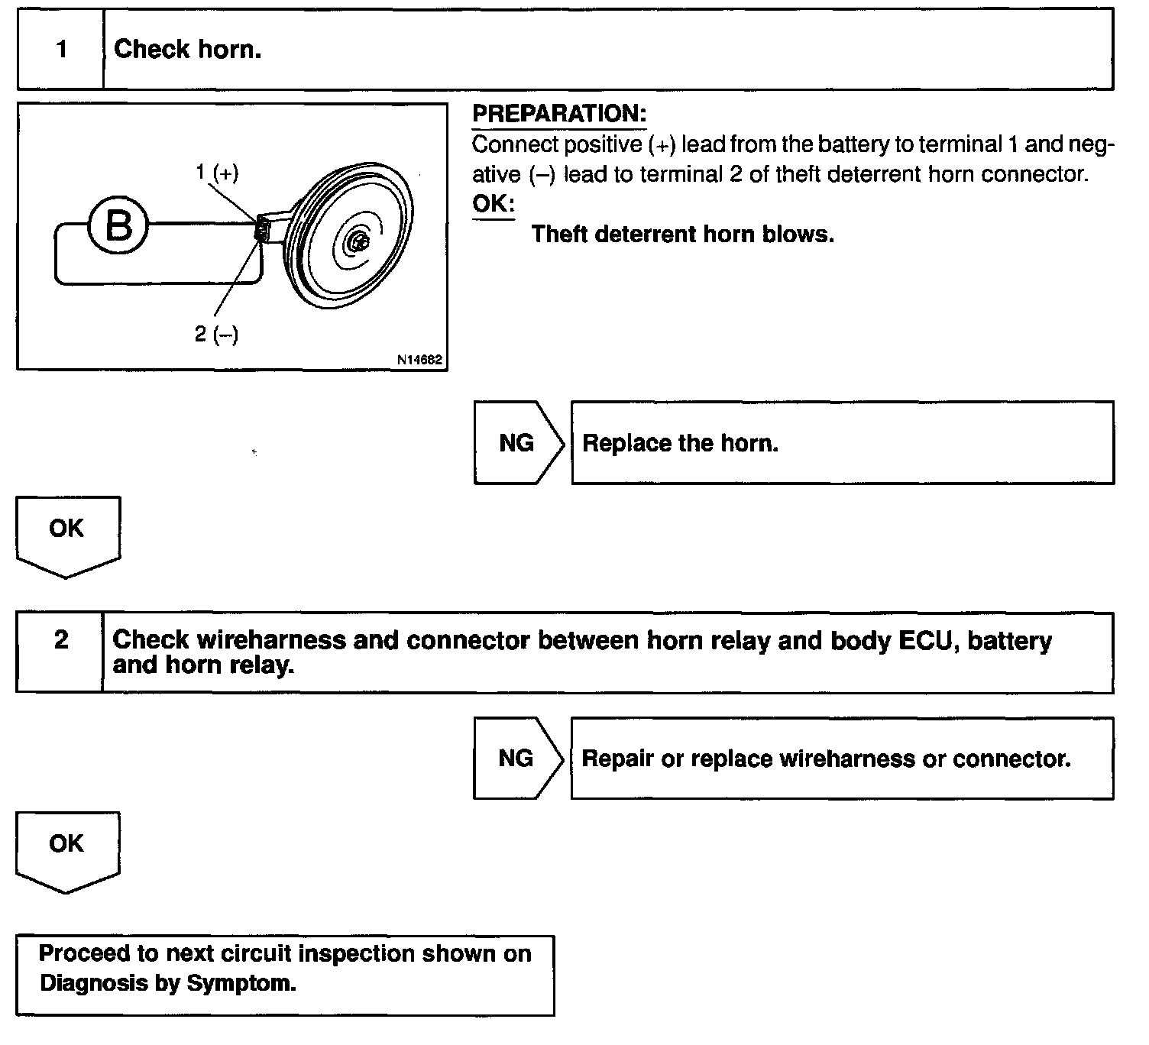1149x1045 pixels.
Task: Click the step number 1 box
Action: click(61, 50)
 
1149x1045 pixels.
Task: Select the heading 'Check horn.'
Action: click(187, 50)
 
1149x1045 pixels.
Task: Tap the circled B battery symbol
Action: click(118, 225)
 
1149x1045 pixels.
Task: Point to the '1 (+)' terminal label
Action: click(217, 173)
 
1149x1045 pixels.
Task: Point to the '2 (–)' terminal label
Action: click(216, 334)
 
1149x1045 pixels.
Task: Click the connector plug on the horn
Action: click(263, 228)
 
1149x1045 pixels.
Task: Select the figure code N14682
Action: click(419, 360)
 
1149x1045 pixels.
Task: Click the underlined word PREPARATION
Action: click(559, 115)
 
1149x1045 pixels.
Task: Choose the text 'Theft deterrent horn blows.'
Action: click(682, 234)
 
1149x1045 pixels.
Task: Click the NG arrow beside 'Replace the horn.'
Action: click(518, 443)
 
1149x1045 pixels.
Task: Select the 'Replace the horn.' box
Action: click(842, 443)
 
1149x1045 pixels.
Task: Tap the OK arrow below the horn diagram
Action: click(67, 533)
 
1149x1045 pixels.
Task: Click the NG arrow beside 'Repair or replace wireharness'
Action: click(517, 758)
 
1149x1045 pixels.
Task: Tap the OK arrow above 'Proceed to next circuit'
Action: click(67, 848)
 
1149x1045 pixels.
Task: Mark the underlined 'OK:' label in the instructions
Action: click(493, 205)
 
